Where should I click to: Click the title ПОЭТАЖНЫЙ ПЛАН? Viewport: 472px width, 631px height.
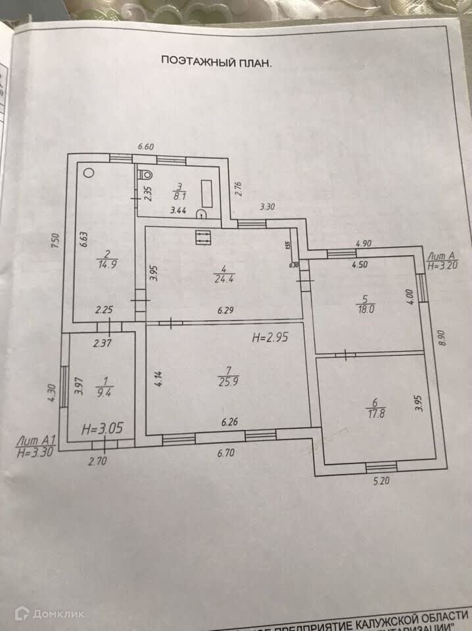click(x=217, y=61)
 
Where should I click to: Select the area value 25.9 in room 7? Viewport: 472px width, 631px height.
click(x=226, y=381)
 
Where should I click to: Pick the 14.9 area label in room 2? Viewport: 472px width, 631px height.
click(x=104, y=265)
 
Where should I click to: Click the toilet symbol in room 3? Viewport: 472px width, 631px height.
click(x=145, y=174)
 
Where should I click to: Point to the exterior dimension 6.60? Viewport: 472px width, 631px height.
click(x=144, y=147)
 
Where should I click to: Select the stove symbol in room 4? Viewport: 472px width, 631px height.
click(x=202, y=237)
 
